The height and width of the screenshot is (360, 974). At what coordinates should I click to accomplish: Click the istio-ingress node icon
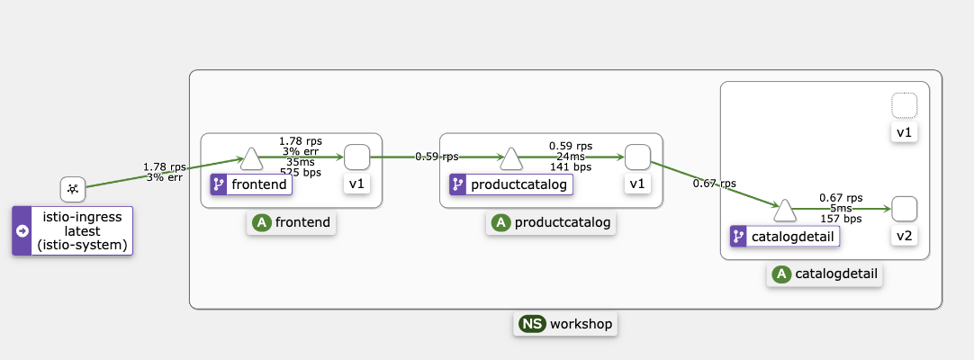point(73,189)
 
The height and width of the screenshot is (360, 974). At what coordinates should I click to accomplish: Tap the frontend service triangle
point(253,159)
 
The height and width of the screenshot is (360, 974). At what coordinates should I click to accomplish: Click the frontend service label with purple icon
point(252,185)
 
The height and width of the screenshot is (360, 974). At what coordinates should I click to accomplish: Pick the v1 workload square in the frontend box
point(356,157)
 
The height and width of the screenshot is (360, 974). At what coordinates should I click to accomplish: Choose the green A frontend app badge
point(291,222)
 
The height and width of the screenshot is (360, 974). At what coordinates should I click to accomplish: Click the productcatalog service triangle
point(511,159)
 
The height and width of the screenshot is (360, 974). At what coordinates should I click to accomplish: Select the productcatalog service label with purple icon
point(510,185)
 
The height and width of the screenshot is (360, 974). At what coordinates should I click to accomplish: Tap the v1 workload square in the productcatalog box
point(637,157)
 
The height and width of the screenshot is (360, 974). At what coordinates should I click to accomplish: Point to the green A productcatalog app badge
point(551,222)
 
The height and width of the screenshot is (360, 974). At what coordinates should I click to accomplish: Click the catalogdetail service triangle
point(785,211)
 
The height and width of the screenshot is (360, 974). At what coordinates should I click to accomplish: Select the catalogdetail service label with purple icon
point(785,237)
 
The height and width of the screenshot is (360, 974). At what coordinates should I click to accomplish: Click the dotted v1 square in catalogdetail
point(905,105)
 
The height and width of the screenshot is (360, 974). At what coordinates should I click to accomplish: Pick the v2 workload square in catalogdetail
point(905,209)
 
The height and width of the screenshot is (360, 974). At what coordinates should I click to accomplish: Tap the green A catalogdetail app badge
point(825,274)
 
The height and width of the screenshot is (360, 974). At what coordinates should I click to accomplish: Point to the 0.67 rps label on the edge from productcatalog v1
point(714,184)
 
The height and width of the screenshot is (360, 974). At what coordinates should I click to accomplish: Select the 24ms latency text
point(571,156)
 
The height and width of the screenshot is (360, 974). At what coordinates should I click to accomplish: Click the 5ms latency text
point(841,208)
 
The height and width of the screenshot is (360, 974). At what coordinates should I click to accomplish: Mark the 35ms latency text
point(301,162)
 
